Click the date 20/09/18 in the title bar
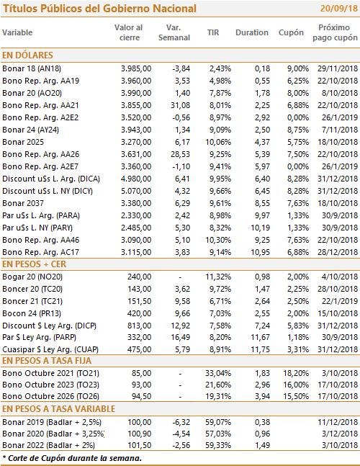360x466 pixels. click(x=339, y=9)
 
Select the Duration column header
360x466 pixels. click(x=252, y=32)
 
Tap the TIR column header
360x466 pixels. click(x=213, y=32)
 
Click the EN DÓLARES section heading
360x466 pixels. click(x=27, y=55)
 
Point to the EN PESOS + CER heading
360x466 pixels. click(x=34, y=264)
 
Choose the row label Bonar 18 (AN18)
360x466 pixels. click(x=32, y=68)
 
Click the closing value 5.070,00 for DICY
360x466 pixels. click(x=136, y=191)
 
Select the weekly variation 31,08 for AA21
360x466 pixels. click(x=180, y=105)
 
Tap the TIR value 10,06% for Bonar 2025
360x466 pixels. click(x=218, y=142)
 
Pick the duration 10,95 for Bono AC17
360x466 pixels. click(x=261, y=252)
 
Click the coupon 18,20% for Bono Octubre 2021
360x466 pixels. click(x=296, y=373)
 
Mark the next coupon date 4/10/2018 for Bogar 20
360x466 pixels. click(x=340, y=277)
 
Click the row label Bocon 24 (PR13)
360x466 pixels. click(x=32, y=313)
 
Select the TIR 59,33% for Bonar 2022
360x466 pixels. click(x=218, y=445)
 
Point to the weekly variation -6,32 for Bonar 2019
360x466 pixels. click(x=181, y=422)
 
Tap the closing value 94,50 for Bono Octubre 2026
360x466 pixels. click(x=141, y=396)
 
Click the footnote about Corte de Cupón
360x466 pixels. click(x=72, y=458)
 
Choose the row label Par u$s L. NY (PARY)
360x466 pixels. click(x=37, y=228)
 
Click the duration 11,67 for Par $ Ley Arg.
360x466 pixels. click(x=261, y=337)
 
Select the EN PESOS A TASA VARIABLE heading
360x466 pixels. click(x=59, y=409)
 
